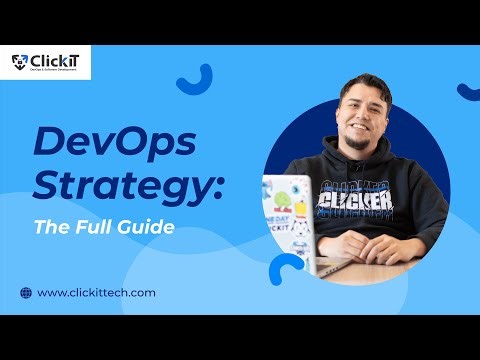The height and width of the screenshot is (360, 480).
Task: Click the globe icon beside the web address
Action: coord(25,292)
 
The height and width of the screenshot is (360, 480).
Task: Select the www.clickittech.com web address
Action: coord(96,292)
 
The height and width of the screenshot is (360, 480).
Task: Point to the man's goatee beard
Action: coord(357,143)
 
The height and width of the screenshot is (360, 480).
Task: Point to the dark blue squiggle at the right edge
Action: coord(467,91)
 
